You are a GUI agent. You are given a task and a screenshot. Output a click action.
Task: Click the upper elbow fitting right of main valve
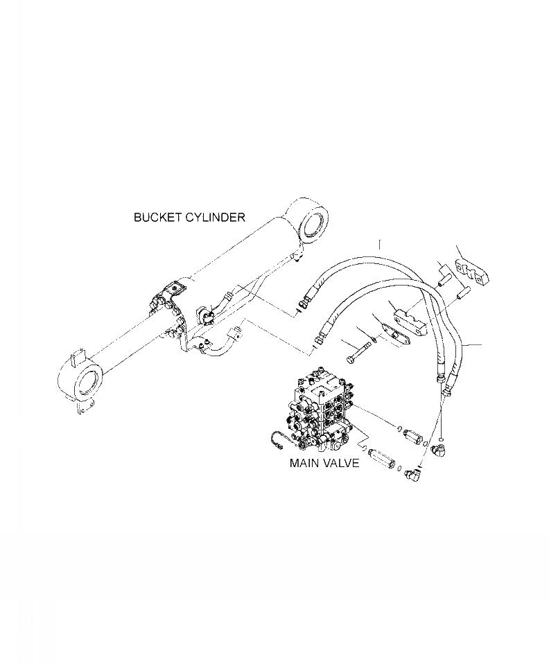point(438,453)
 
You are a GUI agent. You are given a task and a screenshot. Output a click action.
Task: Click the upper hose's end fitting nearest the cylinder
point(304,303)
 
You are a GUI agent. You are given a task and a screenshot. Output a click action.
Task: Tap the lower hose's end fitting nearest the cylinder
point(319,339)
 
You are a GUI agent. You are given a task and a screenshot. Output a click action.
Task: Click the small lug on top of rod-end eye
point(76,360)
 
